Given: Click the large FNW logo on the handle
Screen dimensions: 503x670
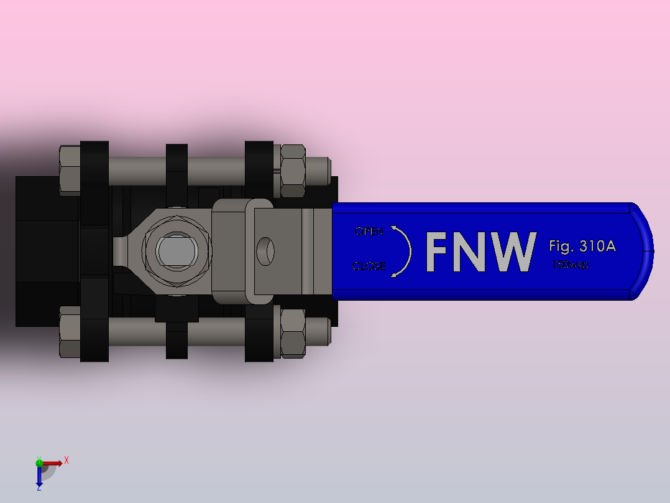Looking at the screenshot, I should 480,251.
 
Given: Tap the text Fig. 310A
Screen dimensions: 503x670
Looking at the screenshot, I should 582,246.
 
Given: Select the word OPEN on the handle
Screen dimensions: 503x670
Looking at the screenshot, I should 369,232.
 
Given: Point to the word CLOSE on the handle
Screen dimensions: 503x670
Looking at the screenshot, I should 369,266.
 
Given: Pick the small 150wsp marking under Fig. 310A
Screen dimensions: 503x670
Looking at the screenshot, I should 570,265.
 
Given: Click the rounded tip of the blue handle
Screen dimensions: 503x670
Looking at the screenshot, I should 643,251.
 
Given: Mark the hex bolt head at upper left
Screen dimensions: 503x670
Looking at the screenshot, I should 70,170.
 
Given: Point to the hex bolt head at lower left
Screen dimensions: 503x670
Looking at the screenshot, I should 70,332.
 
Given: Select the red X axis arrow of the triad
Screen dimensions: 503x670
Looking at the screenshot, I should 55,463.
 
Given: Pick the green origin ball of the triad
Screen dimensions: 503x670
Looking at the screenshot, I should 39,462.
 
